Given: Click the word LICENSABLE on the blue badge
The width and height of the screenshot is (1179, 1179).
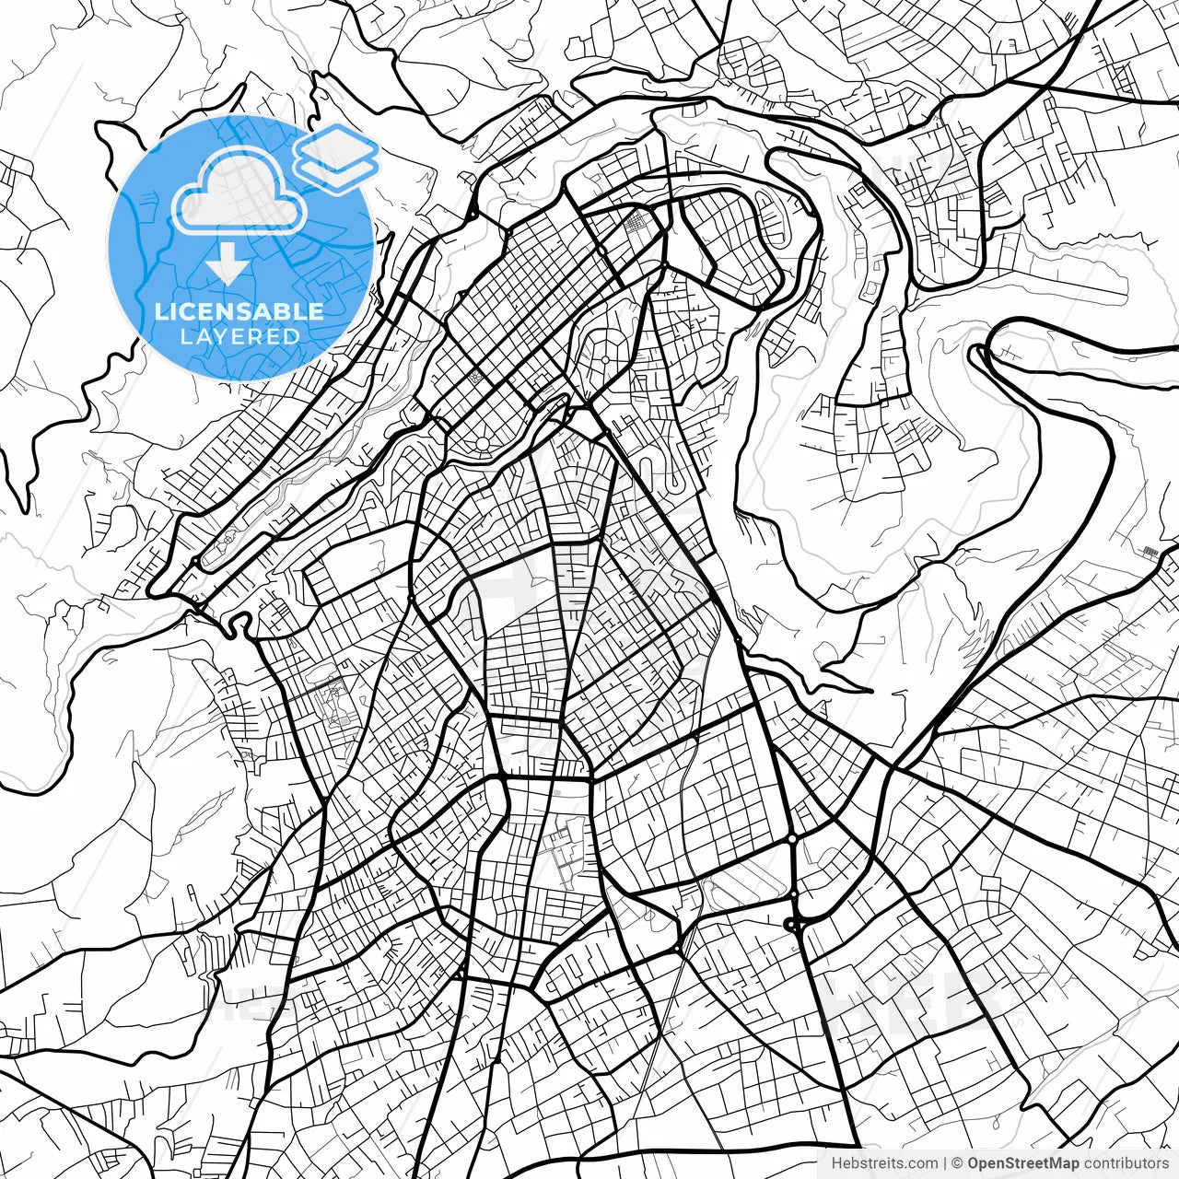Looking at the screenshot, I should [239, 311].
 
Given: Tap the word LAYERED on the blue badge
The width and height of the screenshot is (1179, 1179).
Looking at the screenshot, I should [239, 336].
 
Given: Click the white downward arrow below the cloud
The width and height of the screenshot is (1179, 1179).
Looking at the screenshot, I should [227, 265].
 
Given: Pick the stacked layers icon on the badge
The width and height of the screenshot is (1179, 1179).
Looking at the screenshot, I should [337, 157].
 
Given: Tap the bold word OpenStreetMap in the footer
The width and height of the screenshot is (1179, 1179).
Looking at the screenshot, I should [1022, 1163].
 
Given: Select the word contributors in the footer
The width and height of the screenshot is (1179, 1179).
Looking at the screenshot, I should [1125, 1163].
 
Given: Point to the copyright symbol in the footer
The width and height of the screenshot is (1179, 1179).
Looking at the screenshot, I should [957, 1163].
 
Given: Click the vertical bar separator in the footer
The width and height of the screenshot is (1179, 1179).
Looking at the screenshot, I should [946, 1163].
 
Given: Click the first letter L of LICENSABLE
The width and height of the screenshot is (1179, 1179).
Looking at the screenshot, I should [160, 311].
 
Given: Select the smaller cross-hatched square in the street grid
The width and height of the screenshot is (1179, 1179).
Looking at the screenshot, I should [476, 377].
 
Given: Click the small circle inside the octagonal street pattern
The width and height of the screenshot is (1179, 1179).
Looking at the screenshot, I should [605, 359].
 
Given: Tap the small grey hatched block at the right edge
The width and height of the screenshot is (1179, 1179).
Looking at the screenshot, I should [1149, 551].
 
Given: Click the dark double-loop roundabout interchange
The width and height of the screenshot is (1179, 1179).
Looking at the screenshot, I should [792, 923].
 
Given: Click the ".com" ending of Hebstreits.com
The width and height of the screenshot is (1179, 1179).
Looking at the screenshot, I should [921, 1163].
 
